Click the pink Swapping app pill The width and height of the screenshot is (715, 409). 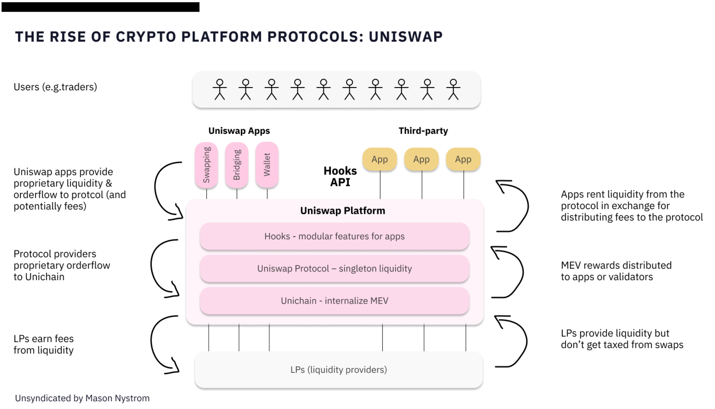[x=206, y=165]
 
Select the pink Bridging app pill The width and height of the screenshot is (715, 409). [x=236, y=165]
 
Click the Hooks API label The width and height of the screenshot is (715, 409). [x=340, y=176]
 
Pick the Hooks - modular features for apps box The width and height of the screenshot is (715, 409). [x=334, y=236]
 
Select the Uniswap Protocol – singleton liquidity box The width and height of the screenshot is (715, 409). [x=334, y=269]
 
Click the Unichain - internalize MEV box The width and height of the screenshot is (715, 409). [x=334, y=301]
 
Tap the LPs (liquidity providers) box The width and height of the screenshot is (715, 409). [x=339, y=369]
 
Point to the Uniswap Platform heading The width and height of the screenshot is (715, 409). [x=342, y=211]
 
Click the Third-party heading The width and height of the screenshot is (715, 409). [x=423, y=131]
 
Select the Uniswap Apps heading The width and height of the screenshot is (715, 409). [x=239, y=131]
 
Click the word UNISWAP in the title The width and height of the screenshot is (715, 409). [x=406, y=37]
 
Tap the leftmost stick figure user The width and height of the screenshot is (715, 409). [x=219, y=89]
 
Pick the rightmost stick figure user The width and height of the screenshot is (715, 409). [x=453, y=89]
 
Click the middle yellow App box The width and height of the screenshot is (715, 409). [x=421, y=159]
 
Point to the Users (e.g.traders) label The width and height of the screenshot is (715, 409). [x=55, y=87]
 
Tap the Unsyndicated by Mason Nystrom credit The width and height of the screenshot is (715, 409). [x=82, y=398]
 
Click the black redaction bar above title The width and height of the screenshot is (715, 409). [x=100, y=7]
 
